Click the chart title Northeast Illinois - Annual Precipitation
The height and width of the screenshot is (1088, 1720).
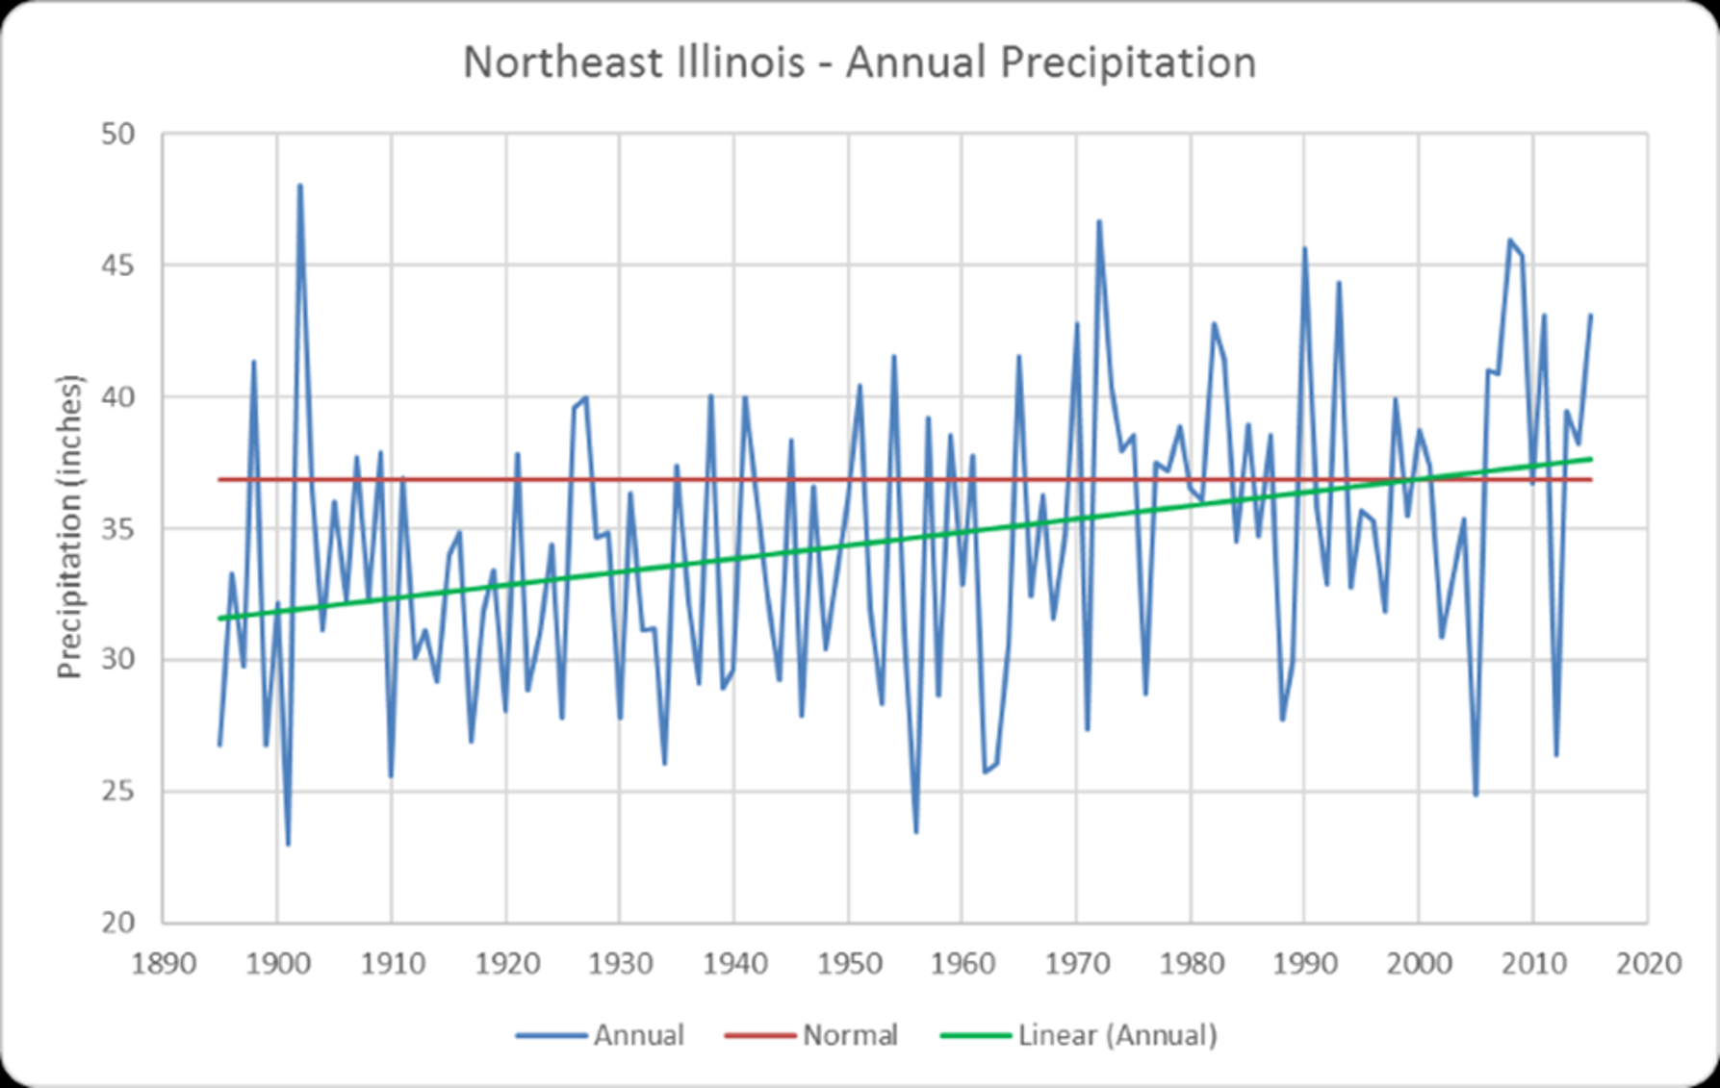click(x=860, y=63)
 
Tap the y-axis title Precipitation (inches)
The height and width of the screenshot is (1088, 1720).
click(x=70, y=527)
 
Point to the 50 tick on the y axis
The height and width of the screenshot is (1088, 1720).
click(x=117, y=134)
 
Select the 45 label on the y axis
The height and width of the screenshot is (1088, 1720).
click(x=117, y=266)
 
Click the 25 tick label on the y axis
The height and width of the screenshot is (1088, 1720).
click(x=117, y=792)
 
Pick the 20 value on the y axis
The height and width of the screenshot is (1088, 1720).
click(x=117, y=924)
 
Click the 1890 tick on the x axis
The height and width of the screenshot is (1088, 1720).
click(x=164, y=963)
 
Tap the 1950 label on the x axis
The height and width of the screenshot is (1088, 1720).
click(x=849, y=963)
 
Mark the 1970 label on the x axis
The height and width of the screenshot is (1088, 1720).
click(x=1077, y=963)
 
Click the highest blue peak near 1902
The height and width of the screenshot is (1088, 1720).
click(x=300, y=186)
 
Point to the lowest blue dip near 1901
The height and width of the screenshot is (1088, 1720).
click(x=289, y=844)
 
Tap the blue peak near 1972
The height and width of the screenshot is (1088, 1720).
click(x=1099, y=222)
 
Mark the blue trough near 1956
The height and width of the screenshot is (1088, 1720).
click(x=916, y=832)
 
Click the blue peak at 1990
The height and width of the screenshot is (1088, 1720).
click(x=1305, y=249)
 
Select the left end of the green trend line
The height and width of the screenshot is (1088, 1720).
click(x=220, y=619)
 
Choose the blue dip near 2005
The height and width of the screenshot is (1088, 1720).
click(x=1476, y=795)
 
